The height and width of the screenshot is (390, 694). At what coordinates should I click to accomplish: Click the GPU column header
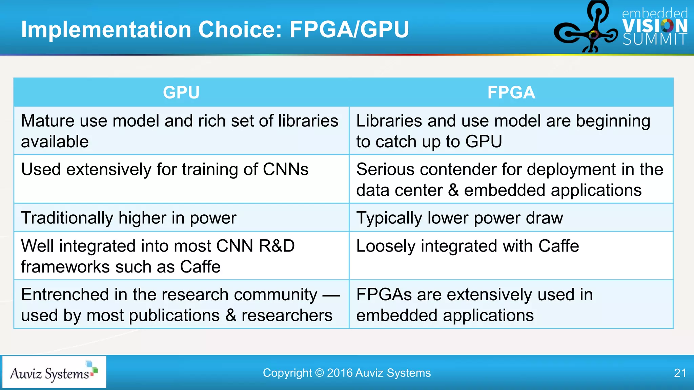tap(181, 92)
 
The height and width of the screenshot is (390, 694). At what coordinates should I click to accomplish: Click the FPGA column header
tap(511, 92)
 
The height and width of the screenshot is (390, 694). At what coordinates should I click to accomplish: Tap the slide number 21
tap(680, 373)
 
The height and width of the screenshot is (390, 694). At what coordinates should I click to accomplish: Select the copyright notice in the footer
tap(347, 373)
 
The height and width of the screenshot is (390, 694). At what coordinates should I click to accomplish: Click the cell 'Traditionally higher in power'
tap(129, 218)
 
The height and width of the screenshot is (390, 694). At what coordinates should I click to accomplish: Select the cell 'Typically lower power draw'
tap(460, 218)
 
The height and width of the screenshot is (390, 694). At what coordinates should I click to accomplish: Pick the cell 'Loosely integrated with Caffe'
tap(468, 246)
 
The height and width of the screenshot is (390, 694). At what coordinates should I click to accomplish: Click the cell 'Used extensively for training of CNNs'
tap(165, 169)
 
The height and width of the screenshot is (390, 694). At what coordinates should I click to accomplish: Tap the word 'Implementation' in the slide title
tap(106, 29)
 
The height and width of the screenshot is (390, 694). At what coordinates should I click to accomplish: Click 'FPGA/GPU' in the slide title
tap(349, 29)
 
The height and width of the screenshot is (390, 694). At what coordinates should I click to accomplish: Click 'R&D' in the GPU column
tap(277, 246)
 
